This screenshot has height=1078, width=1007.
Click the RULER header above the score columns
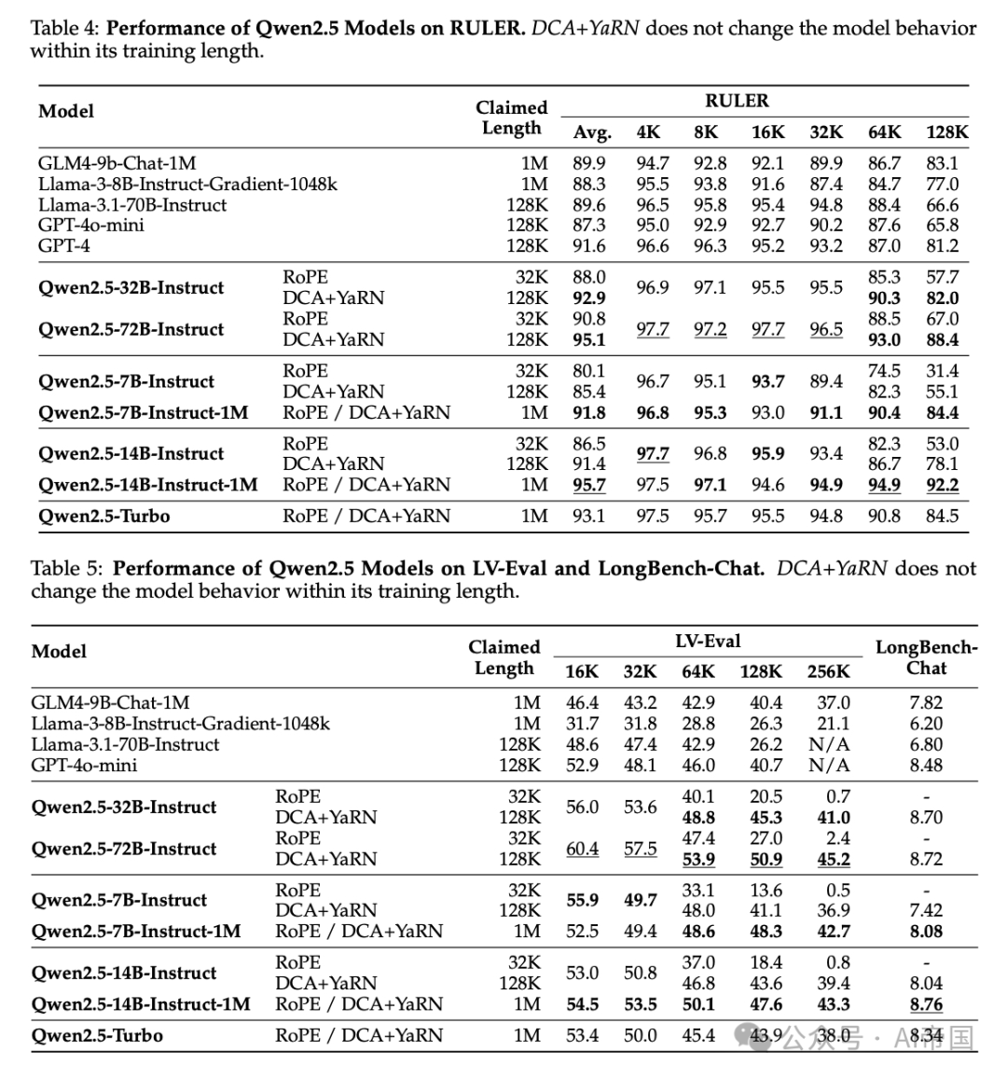tap(737, 101)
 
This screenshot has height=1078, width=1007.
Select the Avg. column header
tap(591, 132)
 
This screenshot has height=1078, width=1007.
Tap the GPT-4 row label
tap(64, 246)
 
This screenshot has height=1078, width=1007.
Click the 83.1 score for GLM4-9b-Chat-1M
tap(942, 163)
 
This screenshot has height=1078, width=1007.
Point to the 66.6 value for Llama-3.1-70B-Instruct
tap(942, 205)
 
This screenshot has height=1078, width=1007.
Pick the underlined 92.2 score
tap(942, 485)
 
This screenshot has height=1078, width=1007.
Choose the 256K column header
tap(828, 671)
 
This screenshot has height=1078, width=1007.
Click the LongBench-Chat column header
tap(926, 657)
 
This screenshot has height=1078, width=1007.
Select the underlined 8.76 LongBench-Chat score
tap(926, 1004)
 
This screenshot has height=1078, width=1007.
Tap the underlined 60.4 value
tap(582, 849)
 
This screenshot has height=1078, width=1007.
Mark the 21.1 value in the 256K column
tap(834, 724)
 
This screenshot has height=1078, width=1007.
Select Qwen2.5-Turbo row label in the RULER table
tap(104, 516)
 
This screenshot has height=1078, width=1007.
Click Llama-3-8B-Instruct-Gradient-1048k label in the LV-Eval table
tap(180, 724)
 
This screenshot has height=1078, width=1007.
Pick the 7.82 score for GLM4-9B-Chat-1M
tap(926, 702)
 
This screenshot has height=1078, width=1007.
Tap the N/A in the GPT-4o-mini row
tap(830, 766)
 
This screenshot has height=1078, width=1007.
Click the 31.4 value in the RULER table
tap(942, 371)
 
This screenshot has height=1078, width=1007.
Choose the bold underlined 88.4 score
tap(942, 340)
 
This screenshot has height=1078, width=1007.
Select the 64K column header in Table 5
tap(698, 671)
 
